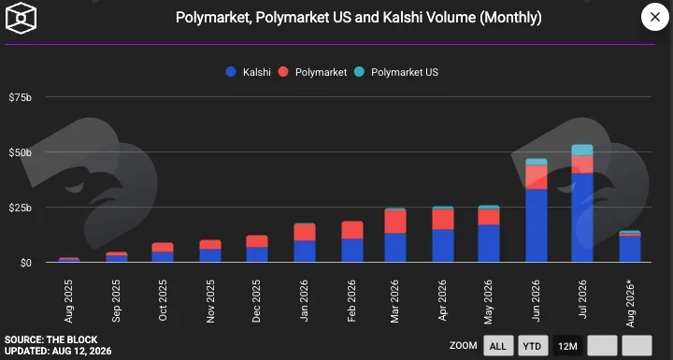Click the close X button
tap(654, 17)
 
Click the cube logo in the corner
tap(21, 18)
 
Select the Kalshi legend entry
tap(249, 72)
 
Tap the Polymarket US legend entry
tap(396, 72)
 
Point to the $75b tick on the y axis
tap(21, 97)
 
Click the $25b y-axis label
tap(21, 208)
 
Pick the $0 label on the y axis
tap(26, 263)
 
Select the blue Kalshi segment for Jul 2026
tap(582, 218)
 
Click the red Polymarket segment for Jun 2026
tap(537, 178)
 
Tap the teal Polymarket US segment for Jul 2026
tap(582, 150)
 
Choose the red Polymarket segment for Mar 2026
tap(395, 222)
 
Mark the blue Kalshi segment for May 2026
tap(489, 243)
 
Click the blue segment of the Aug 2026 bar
tap(630, 249)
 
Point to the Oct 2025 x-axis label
tap(163, 300)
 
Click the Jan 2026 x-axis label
tap(304, 300)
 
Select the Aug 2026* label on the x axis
tap(630, 303)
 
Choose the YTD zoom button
tap(533, 346)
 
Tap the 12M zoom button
tap(567, 346)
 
